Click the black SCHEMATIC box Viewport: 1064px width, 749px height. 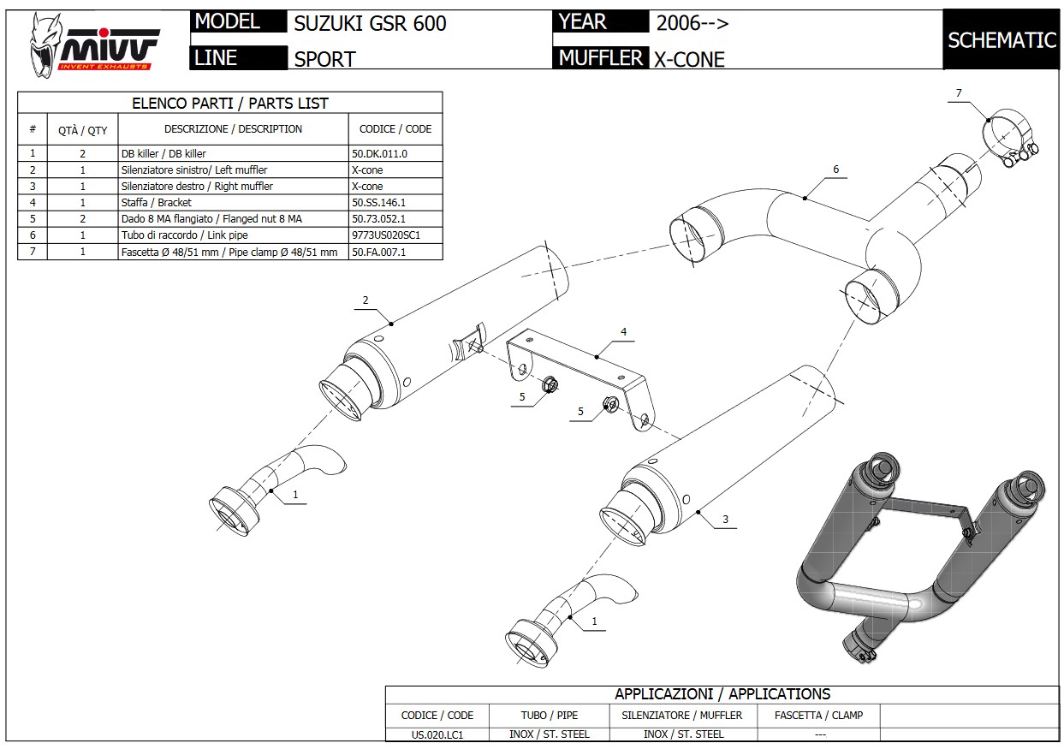1002,40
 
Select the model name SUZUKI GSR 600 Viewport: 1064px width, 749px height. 370,23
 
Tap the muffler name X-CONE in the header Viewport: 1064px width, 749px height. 689,59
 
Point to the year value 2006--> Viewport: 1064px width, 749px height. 692,23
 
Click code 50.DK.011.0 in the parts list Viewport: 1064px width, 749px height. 379,154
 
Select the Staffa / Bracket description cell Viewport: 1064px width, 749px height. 157,203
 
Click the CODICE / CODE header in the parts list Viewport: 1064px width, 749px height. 395,129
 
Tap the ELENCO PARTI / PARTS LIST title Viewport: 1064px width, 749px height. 229,104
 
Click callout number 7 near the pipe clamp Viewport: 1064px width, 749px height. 959,92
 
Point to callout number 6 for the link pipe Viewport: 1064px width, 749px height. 835,169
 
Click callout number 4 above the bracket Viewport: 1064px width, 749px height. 624,330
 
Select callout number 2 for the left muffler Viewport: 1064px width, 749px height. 366,300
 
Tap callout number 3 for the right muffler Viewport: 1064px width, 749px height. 725,519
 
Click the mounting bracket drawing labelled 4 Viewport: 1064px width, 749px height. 578,372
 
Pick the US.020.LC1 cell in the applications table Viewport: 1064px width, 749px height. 437,734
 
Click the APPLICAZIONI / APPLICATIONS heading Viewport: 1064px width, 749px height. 722,694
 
